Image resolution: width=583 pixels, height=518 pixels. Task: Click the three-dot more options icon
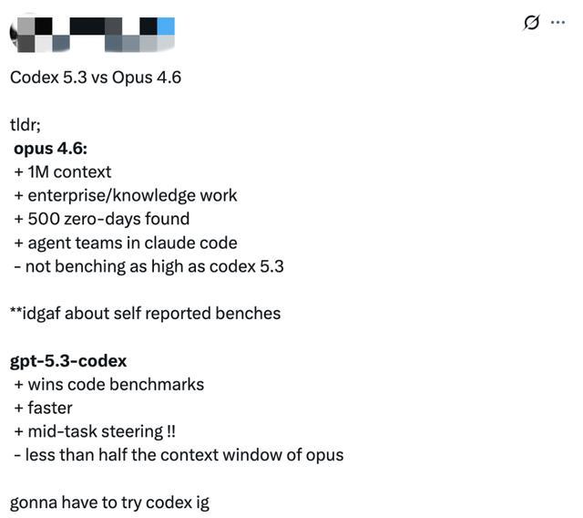[557, 23]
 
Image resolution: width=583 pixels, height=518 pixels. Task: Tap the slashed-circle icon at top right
[531, 23]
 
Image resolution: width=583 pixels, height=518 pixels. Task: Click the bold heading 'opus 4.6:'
[51, 149]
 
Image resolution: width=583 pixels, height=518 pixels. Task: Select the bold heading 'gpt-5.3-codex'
[68, 361]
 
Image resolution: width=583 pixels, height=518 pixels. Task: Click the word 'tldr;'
[26, 125]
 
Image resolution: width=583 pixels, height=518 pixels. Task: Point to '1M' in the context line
[38, 172]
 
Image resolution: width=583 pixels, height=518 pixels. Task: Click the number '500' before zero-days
[44, 219]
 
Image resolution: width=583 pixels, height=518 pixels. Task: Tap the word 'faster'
[50, 408]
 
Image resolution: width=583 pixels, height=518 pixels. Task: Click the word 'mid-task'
[63, 431]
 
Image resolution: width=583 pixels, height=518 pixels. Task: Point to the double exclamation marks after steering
[171, 431]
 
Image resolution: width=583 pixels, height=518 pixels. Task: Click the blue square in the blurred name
[166, 26]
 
